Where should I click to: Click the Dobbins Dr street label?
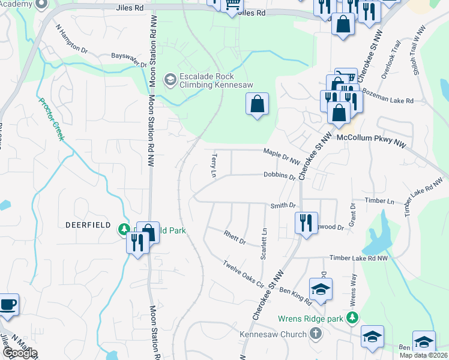[280, 176]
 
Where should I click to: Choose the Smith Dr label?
[283, 205]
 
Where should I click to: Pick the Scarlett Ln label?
[263, 244]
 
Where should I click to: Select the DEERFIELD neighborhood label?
[87, 224]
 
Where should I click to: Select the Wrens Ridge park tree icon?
[354, 317]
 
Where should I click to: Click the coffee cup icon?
[8, 304]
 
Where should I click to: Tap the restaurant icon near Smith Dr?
[306, 223]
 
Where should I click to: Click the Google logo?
[19, 353]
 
